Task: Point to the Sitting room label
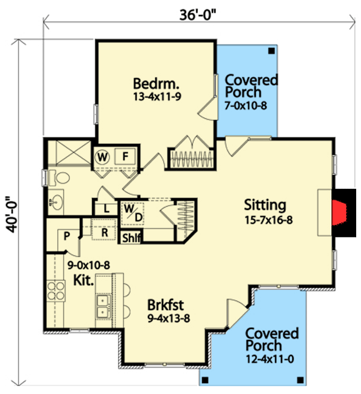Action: click(x=265, y=205)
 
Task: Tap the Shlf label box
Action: click(x=131, y=238)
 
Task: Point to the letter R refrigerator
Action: click(x=103, y=232)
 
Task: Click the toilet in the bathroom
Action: click(x=58, y=177)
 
